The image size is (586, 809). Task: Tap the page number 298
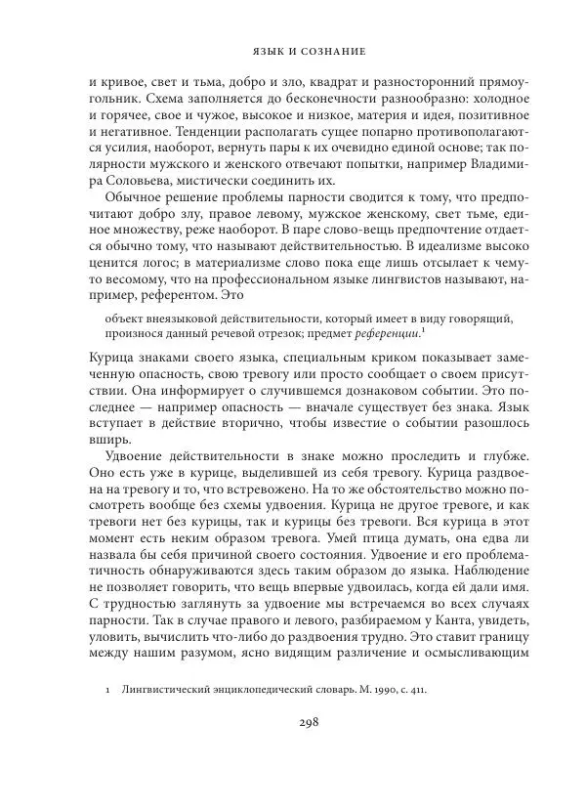tap(293, 724)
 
